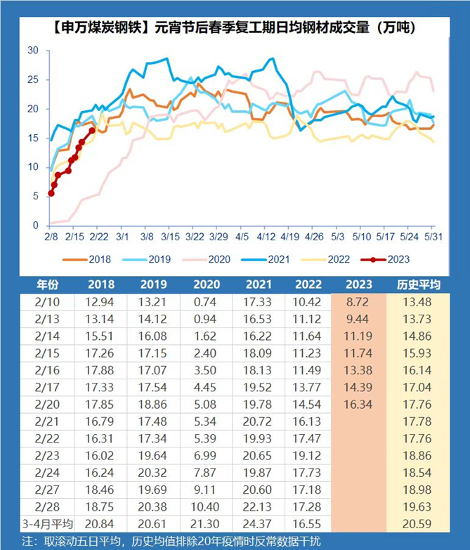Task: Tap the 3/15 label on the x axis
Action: point(169,238)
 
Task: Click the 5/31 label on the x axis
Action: point(435,238)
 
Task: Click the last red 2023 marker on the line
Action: point(92,130)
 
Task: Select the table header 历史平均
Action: point(417,284)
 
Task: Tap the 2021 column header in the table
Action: point(257,284)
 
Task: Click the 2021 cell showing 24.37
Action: point(257,523)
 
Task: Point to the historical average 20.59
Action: point(417,523)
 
